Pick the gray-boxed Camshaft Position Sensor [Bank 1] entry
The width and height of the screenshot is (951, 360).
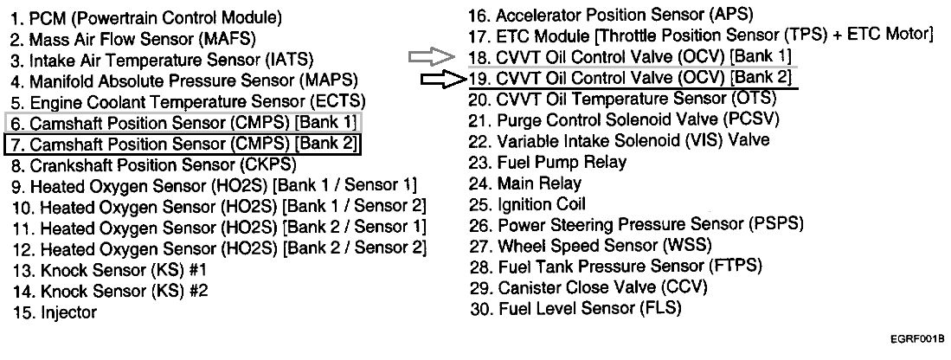coord(183,122)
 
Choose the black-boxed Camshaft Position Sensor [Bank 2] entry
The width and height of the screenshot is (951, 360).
coord(183,143)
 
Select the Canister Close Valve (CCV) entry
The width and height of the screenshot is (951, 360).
coord(589,287)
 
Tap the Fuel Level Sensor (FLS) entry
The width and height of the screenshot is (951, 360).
coord(575,308)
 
